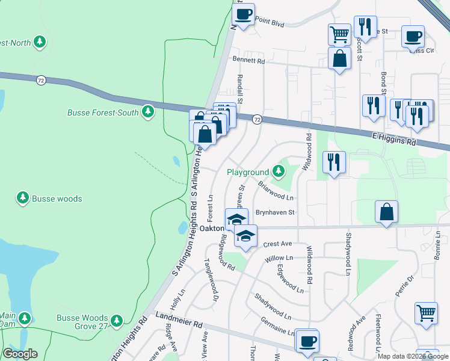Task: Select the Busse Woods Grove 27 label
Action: click(x=82, y=322)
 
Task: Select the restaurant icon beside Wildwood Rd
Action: click(x=333, y=162)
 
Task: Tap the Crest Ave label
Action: click(x=277, y=244)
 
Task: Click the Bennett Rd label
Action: click(x=248, y=61)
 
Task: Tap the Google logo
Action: click(x=20, y=354)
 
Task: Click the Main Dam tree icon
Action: click(x=25, y=317)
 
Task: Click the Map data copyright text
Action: click(x=412, y=356)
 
